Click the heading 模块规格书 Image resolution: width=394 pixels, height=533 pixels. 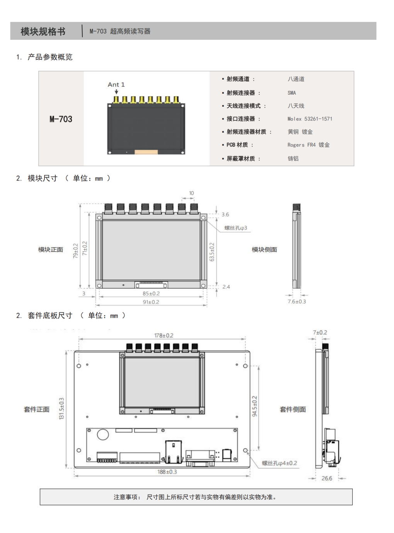pyautogui.click(x=43, y=31)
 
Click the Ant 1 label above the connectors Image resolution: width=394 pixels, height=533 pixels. pyautogui.click(x=116, y=85)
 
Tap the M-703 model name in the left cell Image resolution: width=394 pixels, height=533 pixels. pyautogui.click(x=61, y=119)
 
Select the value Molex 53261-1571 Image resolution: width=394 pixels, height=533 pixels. pyautogui.click(x=310, y=119)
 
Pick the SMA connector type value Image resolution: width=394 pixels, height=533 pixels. pyautogui.click(x=292, y=93)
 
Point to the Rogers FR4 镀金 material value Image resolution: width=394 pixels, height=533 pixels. pyautogui.click(x=309, y=145)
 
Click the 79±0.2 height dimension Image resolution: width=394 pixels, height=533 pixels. pyautogui.click(x=75, y=251)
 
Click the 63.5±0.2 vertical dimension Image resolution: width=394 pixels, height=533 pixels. pyautogui.click(x=211, y=252)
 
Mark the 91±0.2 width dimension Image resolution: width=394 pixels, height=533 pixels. pyautogui.click(x=151, y=302)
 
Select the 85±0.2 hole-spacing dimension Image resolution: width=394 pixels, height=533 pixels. pyautogui.click(x=151, y=294)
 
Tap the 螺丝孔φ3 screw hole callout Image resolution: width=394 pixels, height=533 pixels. pyautogui.click(x=236, y=228)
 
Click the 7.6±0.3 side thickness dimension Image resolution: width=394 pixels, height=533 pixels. pyautogui.click(x=297, y=301)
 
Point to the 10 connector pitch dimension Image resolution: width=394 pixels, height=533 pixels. pyautogui.click(x=191, y=193)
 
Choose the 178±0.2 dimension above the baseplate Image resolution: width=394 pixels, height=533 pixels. pyautogui.click(x=164, y=335)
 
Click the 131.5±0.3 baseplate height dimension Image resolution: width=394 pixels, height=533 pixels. pyautogui.click(x=62, y=408)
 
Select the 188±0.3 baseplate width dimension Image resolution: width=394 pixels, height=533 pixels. pyautogui.click(x=167, y=472)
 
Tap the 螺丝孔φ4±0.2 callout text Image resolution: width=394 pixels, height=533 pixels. pyautogui.click(x=280, y=463)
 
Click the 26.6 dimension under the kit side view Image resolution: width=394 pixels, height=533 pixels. pyautogui.click(x=327, y=478)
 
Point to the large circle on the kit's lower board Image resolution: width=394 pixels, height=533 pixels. pyautogui.click(x=103, y=435)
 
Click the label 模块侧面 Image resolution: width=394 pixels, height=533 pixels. pyautogui.click(x=264, y=249)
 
